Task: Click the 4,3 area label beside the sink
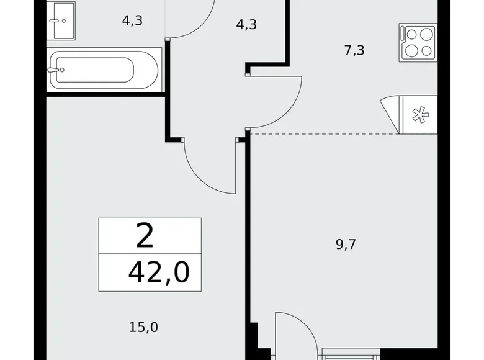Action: [x=132, y=20]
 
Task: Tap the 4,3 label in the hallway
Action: [x=246, y=25]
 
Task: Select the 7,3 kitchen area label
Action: [x=354, y=50]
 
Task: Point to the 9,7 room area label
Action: [x=346, y=244]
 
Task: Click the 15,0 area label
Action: [x=143, y=326]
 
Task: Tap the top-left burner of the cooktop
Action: [x=410, y=35]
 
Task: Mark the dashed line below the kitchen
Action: [x=323, y=133]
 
